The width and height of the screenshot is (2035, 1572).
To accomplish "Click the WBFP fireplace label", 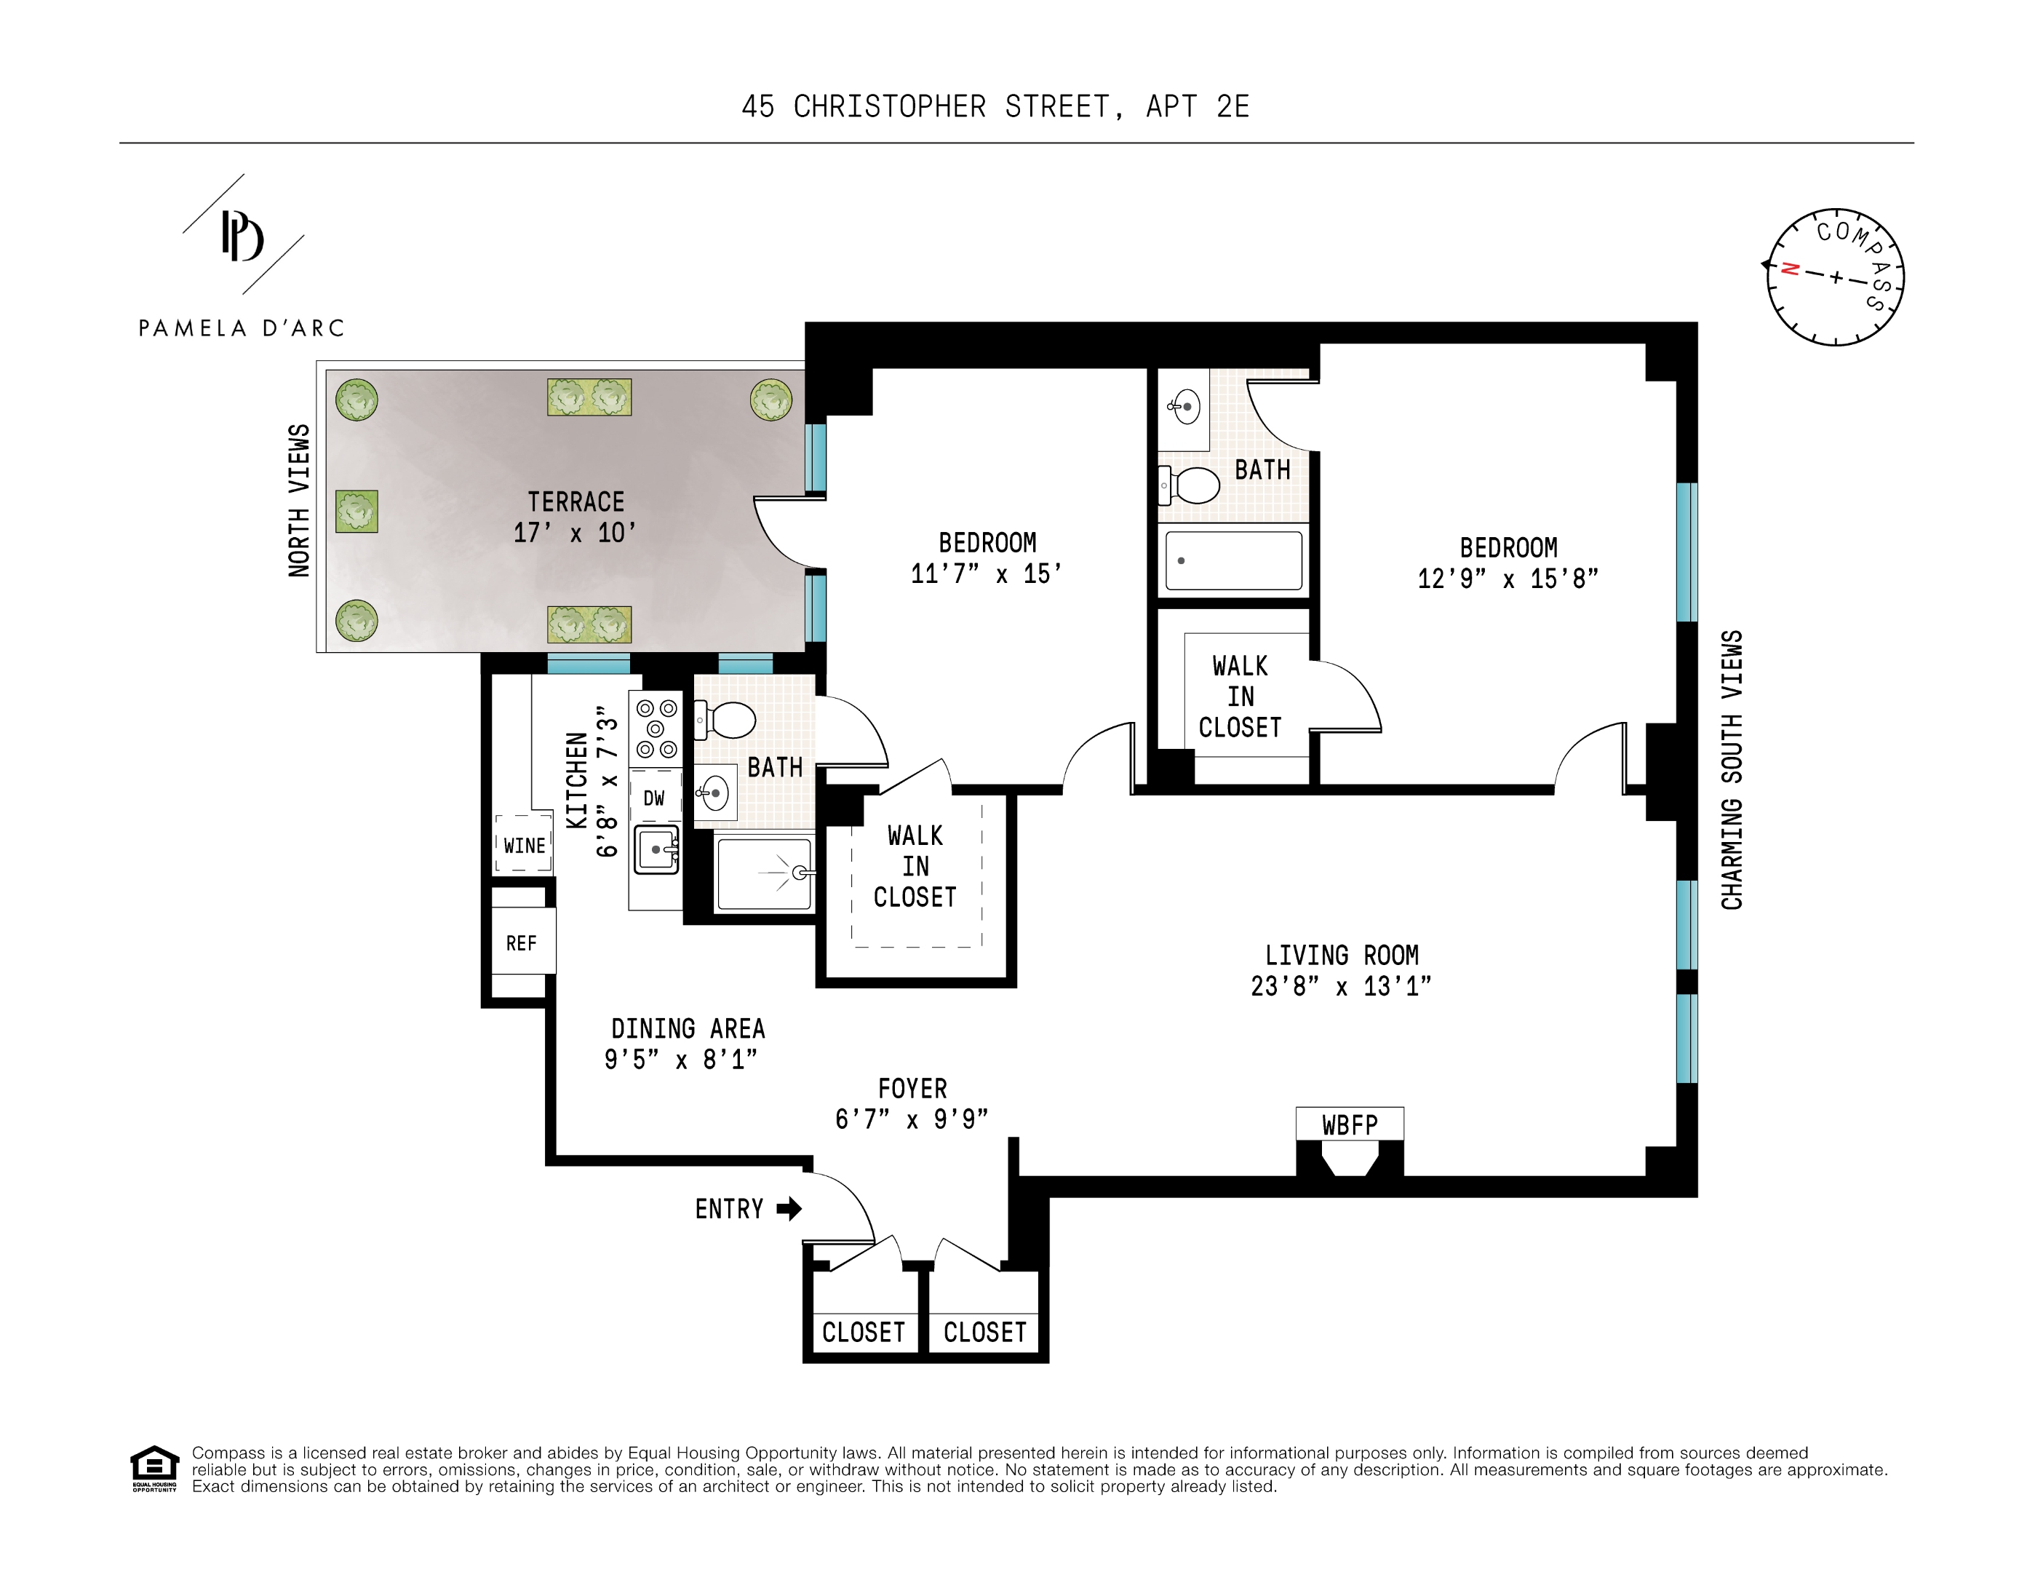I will (1348, 1124).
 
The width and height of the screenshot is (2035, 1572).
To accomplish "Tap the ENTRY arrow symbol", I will (788, 1209).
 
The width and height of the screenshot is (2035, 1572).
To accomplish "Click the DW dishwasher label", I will (654, 798).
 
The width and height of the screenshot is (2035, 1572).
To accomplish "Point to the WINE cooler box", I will (524, 845).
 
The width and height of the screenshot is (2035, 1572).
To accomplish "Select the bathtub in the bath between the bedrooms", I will (1232, 560).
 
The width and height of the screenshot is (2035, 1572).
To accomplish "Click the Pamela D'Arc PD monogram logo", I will (242, 237).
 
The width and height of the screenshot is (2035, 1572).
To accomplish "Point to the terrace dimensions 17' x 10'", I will (575, 533).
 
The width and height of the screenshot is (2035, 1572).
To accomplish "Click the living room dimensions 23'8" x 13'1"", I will (1340, 986).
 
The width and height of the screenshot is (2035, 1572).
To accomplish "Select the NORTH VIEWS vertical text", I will (299, 501).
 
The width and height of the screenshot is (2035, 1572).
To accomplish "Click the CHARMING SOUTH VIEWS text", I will (1731, 770).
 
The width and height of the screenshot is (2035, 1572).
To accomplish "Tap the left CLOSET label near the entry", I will (863, 1332).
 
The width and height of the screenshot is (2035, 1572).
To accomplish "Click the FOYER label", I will (912, 1088).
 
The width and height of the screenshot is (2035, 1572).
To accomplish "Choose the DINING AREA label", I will (688, 1029).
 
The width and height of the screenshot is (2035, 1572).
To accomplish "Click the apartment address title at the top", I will (995, 107).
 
